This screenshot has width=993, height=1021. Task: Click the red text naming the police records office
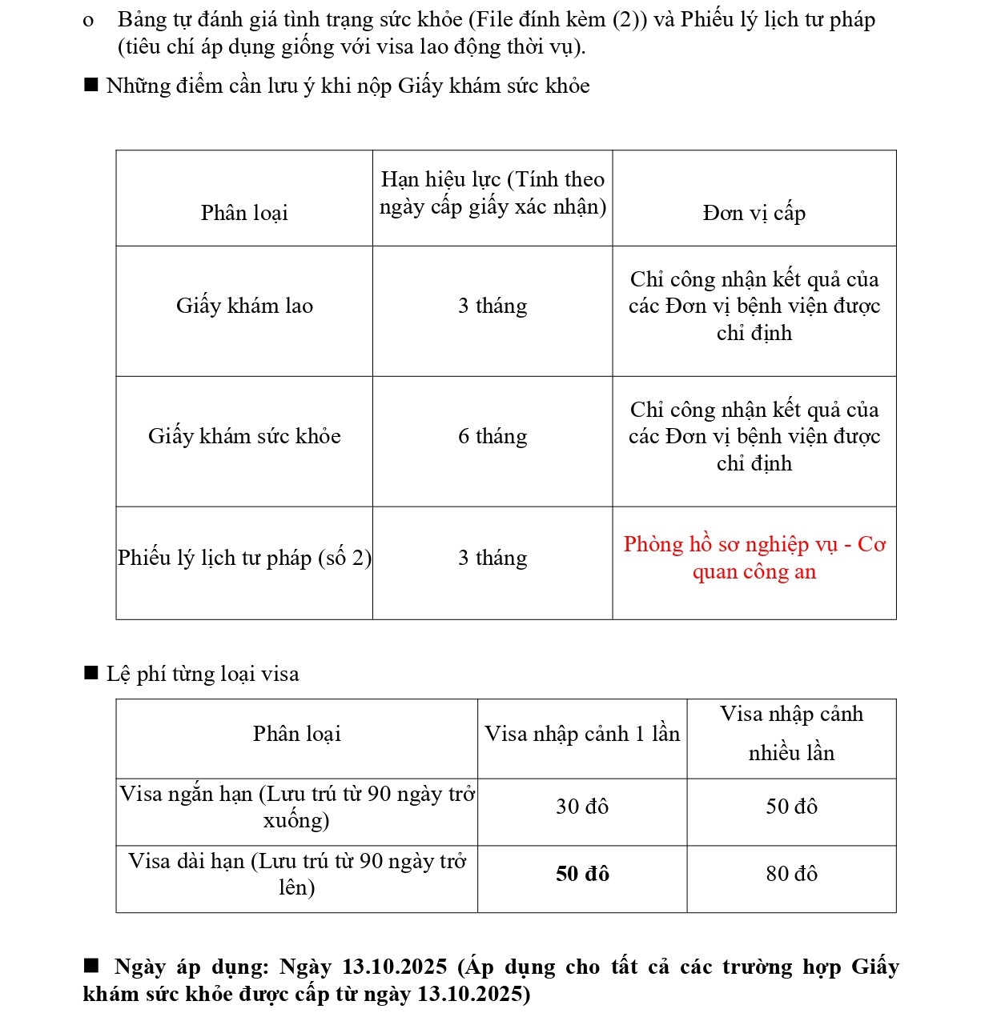[x=754, y=558]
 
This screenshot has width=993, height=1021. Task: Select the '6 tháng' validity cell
[x=492, y=437]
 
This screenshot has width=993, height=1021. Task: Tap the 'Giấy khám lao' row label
[x=244, y=306]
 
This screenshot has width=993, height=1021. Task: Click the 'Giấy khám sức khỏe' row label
[x=244, y=437]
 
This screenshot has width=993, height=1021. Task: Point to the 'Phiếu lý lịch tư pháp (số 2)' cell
[x=244, y=559]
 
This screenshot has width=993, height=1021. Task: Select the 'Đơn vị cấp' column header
[x=754, y=213]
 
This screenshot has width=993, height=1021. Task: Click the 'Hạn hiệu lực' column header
[x=492, y=194]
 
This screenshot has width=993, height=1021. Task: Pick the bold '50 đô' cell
[x=582, y=874]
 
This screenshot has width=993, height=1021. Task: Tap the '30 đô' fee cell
[x=582, y=807]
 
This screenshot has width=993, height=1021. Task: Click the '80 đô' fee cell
[x=791, y=874]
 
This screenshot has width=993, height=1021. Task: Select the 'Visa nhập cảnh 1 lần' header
[x=582, y=735]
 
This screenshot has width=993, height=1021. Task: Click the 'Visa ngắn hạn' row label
[x=297, y=807]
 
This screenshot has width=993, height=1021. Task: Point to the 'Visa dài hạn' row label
[x=297, y=874]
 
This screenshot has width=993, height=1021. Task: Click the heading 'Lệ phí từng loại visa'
[x=203, y=675]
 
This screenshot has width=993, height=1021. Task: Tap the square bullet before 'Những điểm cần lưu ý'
[x=91, y=85]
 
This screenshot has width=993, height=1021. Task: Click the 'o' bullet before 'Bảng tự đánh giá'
[x=88, y=21]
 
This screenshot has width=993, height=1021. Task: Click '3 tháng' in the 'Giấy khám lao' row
[x=492, y=306]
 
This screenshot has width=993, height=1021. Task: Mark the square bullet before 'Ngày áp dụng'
[x=91, y=966]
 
